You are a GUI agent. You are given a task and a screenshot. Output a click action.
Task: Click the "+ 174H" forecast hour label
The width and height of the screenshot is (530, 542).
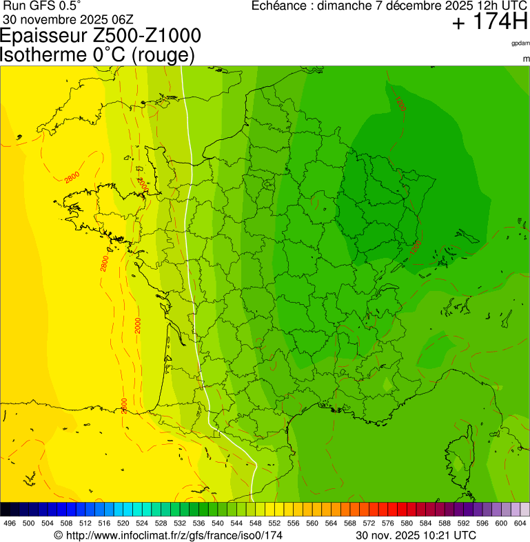point(489,23)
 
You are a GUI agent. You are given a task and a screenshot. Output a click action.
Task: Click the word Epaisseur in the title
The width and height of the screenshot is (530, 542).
point(44,37)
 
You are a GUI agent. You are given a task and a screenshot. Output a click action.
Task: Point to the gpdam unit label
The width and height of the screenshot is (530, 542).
point(520,43)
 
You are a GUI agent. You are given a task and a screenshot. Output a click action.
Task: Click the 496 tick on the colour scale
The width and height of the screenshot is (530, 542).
point(10,523)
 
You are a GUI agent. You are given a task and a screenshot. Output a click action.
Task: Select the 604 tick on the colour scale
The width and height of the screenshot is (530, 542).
point(520,523)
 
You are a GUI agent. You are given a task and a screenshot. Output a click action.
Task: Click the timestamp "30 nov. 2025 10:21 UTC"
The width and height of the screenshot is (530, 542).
point(416,535)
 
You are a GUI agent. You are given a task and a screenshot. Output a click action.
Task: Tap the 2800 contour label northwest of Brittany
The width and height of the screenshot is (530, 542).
point(72,178)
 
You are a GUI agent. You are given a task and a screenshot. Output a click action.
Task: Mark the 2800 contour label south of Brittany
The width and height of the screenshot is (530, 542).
point(104,263)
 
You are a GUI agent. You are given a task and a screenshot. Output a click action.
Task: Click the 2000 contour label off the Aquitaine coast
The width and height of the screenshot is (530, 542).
point(138,325)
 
